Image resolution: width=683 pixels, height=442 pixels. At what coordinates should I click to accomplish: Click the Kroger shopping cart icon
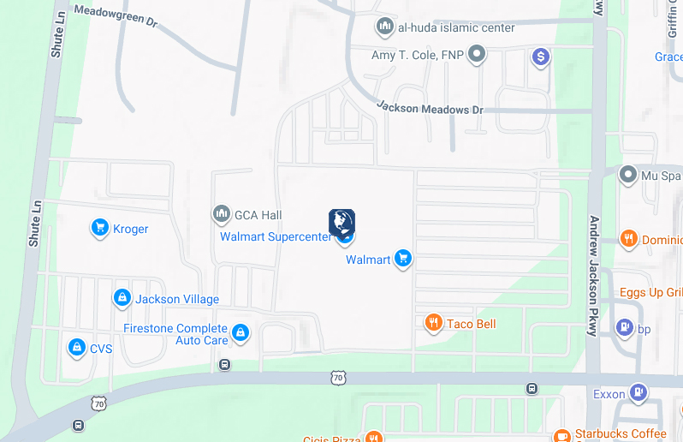(99, 228)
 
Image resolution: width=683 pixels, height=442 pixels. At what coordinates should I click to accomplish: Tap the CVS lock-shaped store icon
(77, 348)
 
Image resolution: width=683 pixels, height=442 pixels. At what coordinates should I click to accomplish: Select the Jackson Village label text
(177, 299)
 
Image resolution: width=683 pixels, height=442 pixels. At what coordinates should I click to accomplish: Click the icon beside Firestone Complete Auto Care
(241, 332)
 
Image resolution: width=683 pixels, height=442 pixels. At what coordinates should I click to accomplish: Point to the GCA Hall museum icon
(221, 213)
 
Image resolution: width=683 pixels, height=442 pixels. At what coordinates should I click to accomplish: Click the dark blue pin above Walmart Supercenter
(341, 223)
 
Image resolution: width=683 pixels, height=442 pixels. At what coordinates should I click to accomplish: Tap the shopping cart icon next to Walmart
(403, 259)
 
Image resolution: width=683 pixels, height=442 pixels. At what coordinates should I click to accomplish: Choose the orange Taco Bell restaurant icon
(434, 323)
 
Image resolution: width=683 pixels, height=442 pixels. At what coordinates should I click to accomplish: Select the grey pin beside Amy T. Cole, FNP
(478, 56)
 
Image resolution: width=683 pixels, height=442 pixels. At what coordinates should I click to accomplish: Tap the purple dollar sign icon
(540, 57)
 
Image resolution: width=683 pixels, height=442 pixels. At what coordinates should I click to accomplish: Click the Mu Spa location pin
(629, 176)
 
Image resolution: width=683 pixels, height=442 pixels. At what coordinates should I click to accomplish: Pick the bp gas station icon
(625, 327)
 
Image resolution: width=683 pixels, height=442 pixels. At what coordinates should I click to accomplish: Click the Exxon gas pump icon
(638, 393)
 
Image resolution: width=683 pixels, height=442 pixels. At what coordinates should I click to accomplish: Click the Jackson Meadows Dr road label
(430, 107)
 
